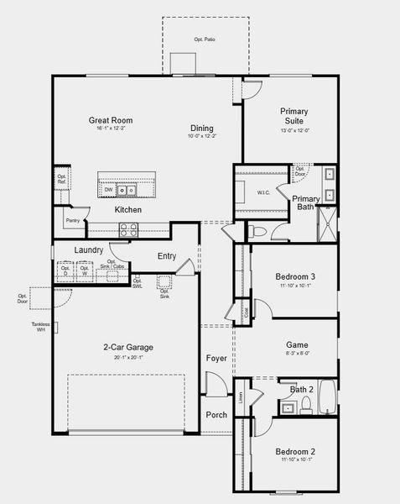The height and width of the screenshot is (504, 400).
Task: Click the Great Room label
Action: coord(111,121)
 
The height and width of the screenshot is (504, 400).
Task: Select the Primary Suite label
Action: coord(294,116)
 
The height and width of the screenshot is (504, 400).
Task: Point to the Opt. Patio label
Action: coord(204,39)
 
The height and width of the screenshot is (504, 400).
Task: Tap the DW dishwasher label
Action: coord(109,190)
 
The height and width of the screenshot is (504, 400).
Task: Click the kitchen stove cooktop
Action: coord(128,227)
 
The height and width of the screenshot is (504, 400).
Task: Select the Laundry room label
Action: coord(88,250)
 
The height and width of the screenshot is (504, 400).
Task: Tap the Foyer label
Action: coord(216,358)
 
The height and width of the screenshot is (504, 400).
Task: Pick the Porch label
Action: coord(216,414)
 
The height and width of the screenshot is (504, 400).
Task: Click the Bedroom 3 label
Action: coord(295,277)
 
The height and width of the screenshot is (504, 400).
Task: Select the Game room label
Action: coord(297,344)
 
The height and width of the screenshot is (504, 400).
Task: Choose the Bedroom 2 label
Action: coord(295,452)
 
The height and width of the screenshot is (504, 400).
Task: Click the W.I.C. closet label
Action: coord(263,193)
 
